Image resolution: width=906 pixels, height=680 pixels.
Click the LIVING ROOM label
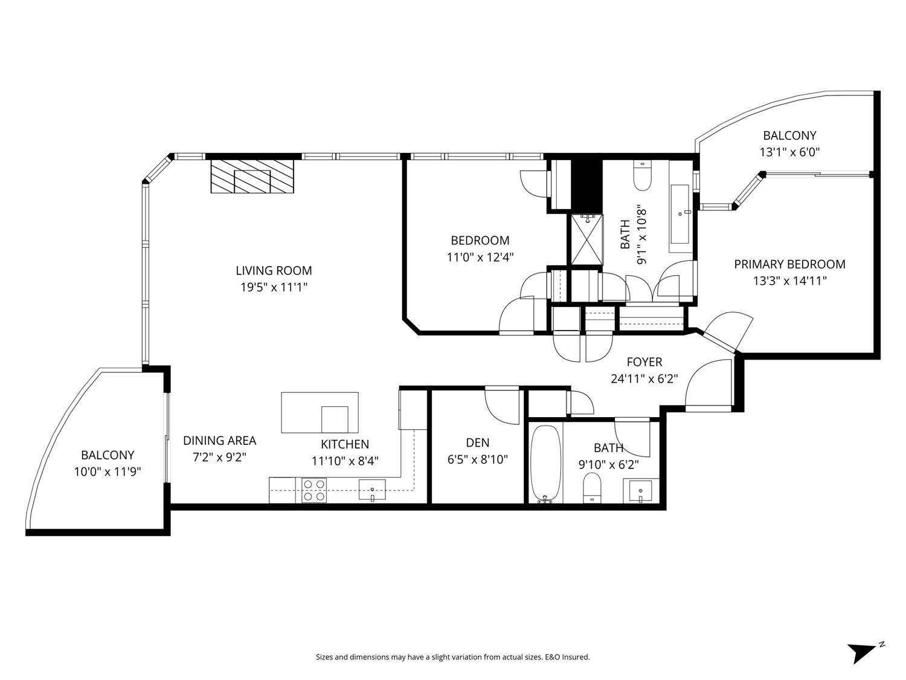click(274, 271)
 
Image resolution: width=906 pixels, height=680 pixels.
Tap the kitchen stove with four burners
click(314, 490)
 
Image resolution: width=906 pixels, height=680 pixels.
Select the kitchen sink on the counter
click(372, 490)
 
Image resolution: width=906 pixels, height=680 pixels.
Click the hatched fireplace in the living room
click(252, 176)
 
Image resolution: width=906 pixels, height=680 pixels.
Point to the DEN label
click(477, 442)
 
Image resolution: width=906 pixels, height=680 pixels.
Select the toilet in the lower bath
click(593, 488)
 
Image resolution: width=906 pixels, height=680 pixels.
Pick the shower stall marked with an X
click(586, 239)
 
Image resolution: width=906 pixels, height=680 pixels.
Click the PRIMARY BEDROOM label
click(789, 264)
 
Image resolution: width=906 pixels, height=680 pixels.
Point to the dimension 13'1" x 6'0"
click(789, 152)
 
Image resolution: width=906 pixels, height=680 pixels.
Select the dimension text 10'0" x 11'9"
click(108, 471)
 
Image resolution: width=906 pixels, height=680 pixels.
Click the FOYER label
click(644, 362)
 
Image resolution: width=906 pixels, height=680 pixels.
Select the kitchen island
click(320, 412)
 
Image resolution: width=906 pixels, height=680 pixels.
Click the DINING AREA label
click(219, 441)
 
